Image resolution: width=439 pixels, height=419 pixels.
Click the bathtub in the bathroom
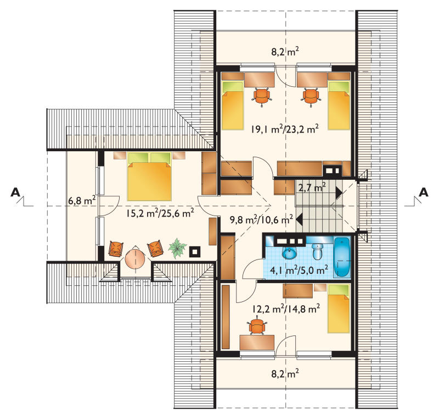coord(341,257)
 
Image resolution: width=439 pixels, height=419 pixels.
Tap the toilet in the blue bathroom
coord(318,251)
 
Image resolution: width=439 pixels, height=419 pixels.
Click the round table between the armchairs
coord(134,258)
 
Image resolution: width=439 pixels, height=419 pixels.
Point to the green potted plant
coord(177,247)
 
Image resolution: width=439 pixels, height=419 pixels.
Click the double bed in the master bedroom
coord(149,177)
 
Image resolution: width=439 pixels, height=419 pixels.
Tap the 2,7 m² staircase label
coord(312,187)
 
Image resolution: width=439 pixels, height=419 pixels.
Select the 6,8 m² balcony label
coord(82,200)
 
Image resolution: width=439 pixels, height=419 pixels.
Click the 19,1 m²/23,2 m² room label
coord(284,129)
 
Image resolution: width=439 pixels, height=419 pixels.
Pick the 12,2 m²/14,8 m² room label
coord(286,309)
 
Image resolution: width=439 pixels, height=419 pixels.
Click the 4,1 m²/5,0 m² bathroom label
coord(299,270)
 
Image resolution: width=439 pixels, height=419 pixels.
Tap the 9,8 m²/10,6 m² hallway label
coord(261,219)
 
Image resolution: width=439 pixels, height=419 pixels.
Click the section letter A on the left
coord(16,192)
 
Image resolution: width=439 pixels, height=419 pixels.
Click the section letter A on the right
coord(423,192)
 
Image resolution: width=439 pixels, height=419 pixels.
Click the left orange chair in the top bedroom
coord(262,97)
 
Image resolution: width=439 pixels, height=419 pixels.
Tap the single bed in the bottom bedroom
coord(339,308)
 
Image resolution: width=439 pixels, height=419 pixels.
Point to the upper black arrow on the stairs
coord(339,193)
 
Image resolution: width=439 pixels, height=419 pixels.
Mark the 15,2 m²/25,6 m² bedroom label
coord(160,213)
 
